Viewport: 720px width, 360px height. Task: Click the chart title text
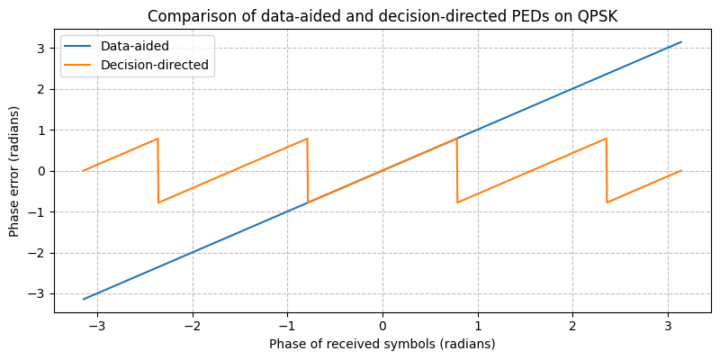[x=382, y=16]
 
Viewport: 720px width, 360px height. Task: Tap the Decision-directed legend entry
[x=154, y=66]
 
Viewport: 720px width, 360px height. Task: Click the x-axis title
[x=382, y=344]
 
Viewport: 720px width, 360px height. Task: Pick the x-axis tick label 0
[x=382, y=325]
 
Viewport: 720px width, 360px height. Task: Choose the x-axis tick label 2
[x=572, y=325]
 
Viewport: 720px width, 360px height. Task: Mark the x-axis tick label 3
[x=668, y=325]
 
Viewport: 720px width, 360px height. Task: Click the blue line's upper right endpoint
[x=681, y=41]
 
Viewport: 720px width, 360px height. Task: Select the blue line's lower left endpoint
[x=83, y=300]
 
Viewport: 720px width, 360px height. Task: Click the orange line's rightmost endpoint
[x=681, y=171]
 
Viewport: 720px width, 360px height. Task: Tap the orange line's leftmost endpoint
[x=83, y=171]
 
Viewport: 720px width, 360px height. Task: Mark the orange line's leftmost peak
[x=157, y=139]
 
